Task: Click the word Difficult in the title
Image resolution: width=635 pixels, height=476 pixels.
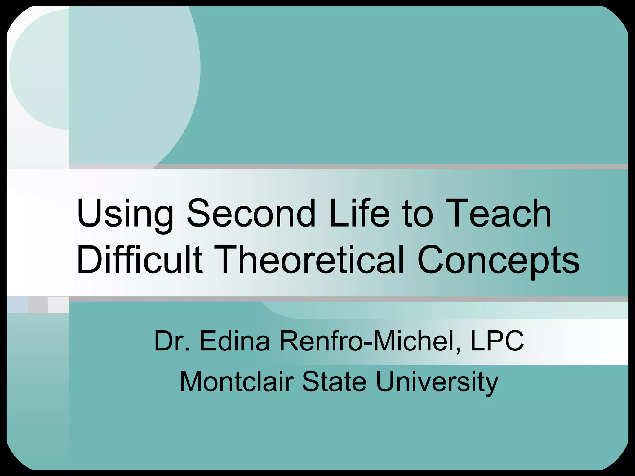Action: pos(140,259)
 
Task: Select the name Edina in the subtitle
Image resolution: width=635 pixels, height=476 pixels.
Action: pos(235,341)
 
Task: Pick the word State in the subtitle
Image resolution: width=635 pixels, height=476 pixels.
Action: pos(334,382)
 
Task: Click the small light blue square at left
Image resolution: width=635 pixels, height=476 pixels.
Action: pos(17,304)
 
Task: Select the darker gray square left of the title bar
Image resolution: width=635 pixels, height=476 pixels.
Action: pos(38,304)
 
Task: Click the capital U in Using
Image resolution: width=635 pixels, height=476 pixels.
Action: pos(88,214)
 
